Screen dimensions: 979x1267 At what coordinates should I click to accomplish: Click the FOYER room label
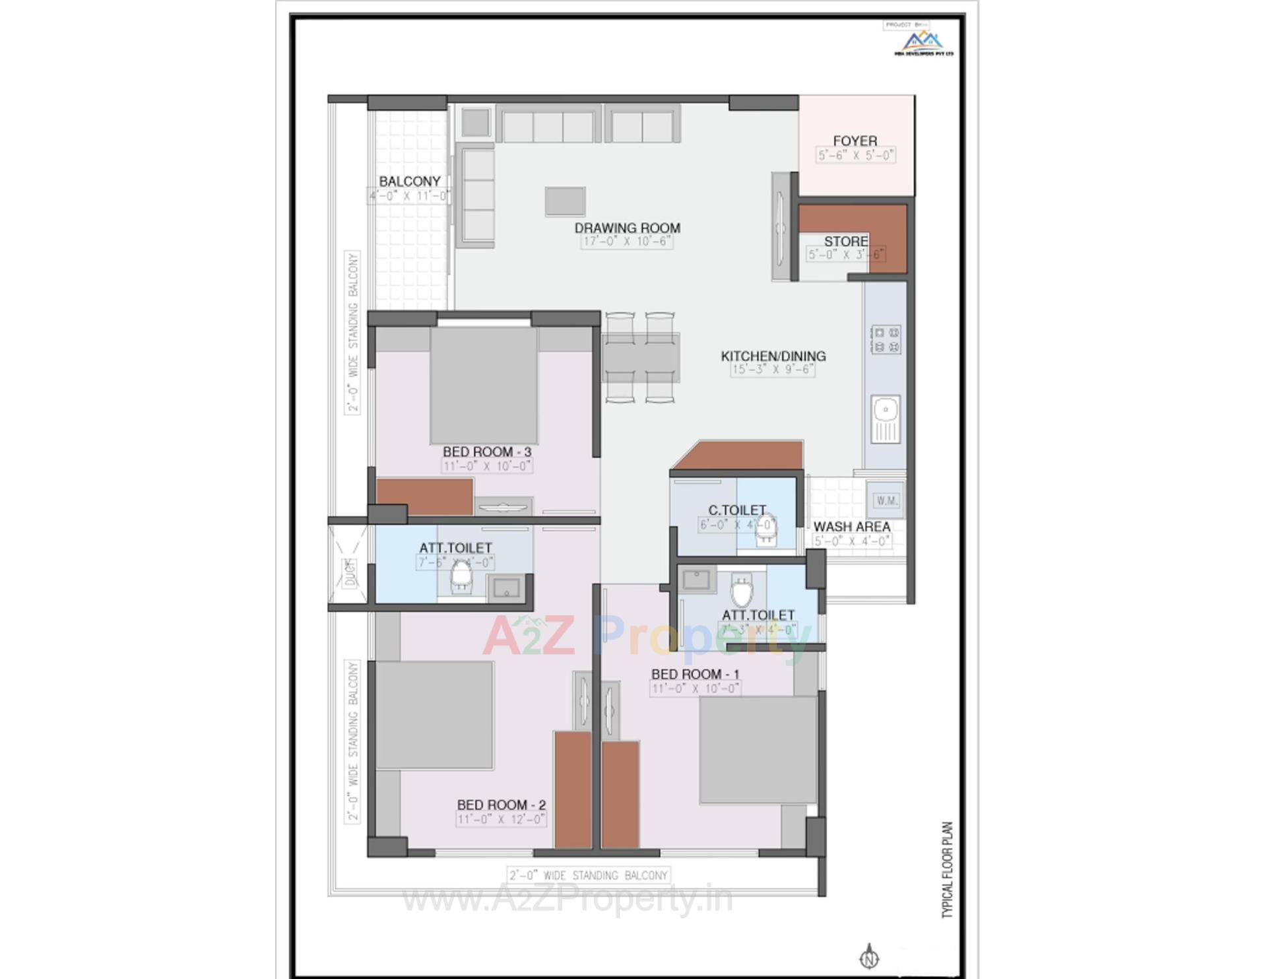(x=855, y=141)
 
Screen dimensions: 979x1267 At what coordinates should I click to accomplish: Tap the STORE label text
(x=845, y=242)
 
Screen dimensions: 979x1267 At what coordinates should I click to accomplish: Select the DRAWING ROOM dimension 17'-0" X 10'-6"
(x=627, y=242)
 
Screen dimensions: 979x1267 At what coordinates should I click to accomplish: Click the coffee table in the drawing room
(x=565, y=201)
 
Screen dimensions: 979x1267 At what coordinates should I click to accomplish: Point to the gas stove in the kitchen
(x=886, y=339)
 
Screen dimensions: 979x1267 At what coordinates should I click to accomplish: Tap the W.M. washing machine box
(x=886, y=500)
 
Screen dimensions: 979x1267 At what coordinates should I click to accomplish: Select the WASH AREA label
(x=851, y=527)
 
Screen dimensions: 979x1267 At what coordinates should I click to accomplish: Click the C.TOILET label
(x=736, y=510)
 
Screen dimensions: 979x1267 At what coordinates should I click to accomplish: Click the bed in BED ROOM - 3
(x=484, y=386)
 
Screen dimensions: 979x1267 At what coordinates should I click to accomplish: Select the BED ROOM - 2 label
(x=501, y=805)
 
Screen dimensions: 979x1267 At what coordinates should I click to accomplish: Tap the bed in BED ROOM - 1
(x=758, y=750)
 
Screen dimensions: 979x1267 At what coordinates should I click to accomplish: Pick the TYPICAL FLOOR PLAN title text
(x=948, y=869)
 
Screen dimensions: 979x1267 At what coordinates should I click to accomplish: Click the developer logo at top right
(x=923, y=43)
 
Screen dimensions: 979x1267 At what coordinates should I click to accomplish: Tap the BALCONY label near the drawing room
(x=409, y=182)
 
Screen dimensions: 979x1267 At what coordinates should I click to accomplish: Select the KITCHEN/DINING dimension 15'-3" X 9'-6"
(x=773, y=370)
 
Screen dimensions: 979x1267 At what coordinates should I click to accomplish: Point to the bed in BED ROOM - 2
(x=434, y=715)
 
